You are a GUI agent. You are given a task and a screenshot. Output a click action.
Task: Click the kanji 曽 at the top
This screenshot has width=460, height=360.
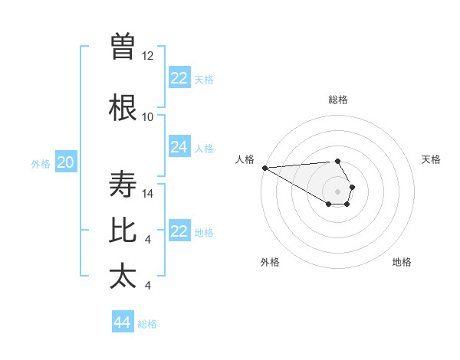point(123,47)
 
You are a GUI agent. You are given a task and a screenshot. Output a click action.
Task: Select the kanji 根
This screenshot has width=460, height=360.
point(123,108)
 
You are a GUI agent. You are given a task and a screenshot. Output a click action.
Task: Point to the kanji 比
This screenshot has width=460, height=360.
point(123,231)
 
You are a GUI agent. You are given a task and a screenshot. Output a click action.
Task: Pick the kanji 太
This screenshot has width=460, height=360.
point(123,277)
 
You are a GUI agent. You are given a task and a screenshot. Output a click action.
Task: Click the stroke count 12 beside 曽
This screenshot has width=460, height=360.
point(148,56)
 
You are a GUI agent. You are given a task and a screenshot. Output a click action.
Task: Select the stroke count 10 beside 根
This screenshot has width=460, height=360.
point(148,117)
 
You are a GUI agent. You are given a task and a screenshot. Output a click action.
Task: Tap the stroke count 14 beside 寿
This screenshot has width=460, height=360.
point(148,194)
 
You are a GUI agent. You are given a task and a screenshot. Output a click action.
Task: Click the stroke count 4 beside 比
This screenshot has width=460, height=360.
point(148,240)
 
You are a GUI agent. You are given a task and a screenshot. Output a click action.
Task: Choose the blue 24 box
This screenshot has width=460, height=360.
point(179,147)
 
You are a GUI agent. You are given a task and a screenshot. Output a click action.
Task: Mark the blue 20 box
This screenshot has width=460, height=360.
point(66,162)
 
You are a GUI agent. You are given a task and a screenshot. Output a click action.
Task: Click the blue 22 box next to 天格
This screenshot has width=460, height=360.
point(179,78)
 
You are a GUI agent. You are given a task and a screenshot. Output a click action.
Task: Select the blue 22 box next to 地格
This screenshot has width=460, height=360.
point(179,231)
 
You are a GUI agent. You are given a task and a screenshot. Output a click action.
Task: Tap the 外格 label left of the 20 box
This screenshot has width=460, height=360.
point(41,163)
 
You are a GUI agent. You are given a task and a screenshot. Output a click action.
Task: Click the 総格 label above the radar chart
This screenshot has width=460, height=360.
point(338,100)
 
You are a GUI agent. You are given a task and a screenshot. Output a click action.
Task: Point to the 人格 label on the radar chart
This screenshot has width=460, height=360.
point(245,159)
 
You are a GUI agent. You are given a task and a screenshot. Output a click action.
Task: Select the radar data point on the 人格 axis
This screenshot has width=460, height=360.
point(264,168)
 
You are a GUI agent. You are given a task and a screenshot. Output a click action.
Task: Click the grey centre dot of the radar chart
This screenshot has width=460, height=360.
point(338,191)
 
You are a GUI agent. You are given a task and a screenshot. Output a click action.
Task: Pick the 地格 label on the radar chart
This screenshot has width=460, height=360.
point(402,262)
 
